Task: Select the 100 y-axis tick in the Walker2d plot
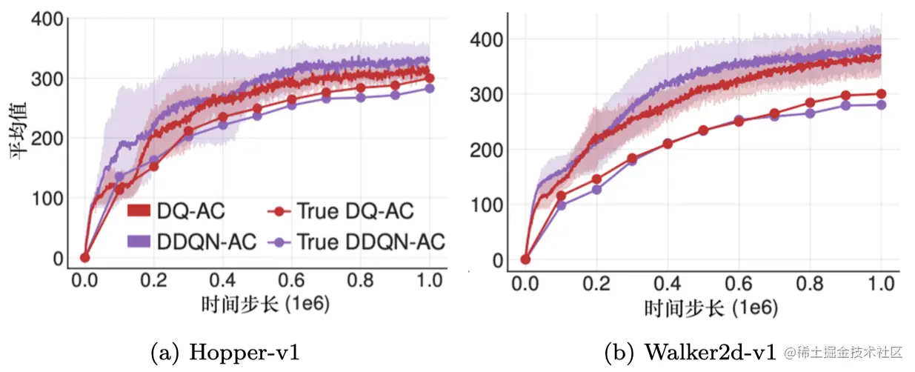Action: click(x=488, y=205)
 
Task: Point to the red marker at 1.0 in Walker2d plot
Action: click(x=881, y=93)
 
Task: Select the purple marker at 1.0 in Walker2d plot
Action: click(x=881, y=104)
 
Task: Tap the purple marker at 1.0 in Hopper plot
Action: click(x=430, y=88)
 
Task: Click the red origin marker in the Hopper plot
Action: click(x=84, y=257)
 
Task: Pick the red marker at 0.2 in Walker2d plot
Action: click(x=596, y=179)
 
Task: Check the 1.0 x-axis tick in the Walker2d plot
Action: click(x=880, y=283)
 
